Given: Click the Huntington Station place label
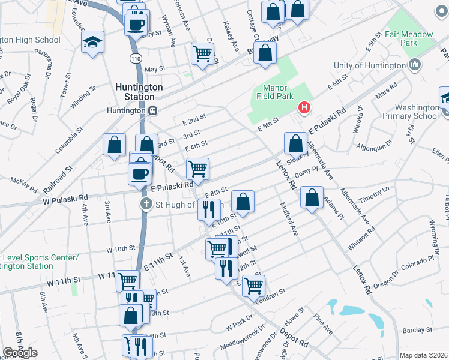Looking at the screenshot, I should click(x=138, y=91).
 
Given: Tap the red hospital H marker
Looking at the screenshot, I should click(x=304, y=108).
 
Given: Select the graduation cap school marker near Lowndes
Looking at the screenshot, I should click(x=92, y=42).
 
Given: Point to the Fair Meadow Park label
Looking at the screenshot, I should click(x=409, y=37).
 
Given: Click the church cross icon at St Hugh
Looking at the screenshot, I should click(x=146, y=205).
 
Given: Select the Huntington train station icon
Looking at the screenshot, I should click(x=154, y=110).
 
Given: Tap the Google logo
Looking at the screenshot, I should click(x=19, y=353).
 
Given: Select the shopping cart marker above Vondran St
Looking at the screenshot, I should click(x=254, y=285).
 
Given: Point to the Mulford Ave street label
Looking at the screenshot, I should click(x=289, y=221).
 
